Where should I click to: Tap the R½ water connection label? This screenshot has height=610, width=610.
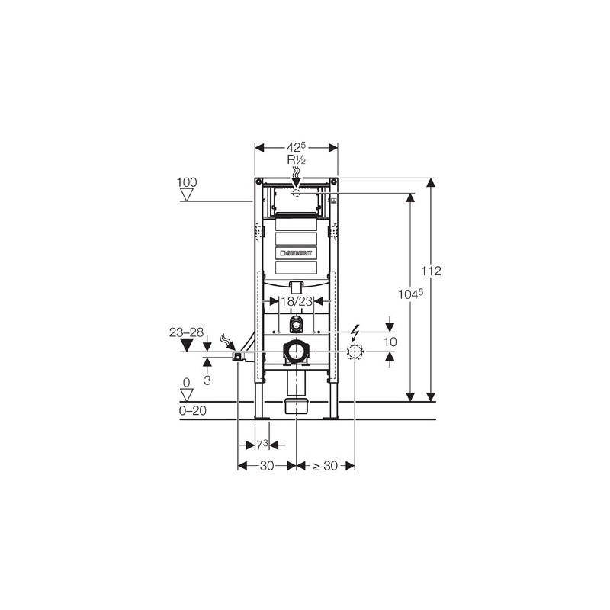coord(296,161)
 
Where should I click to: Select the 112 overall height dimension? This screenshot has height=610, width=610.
coord(432,271)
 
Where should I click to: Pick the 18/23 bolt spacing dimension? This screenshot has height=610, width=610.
coord(296,302)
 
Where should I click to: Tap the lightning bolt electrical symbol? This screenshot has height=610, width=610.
coord(355,332)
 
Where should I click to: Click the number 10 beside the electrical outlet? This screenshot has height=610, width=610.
coord(390,342)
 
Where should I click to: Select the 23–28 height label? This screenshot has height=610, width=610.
coord(186,332)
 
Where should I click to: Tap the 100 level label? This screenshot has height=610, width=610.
coord(186,182)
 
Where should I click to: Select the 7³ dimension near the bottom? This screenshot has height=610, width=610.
coord(261,444)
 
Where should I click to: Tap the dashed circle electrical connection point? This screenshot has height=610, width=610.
coord(355,352)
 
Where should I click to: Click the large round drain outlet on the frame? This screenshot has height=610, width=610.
coord(296,352)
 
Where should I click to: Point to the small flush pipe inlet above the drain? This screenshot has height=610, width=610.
coord(296,326)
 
